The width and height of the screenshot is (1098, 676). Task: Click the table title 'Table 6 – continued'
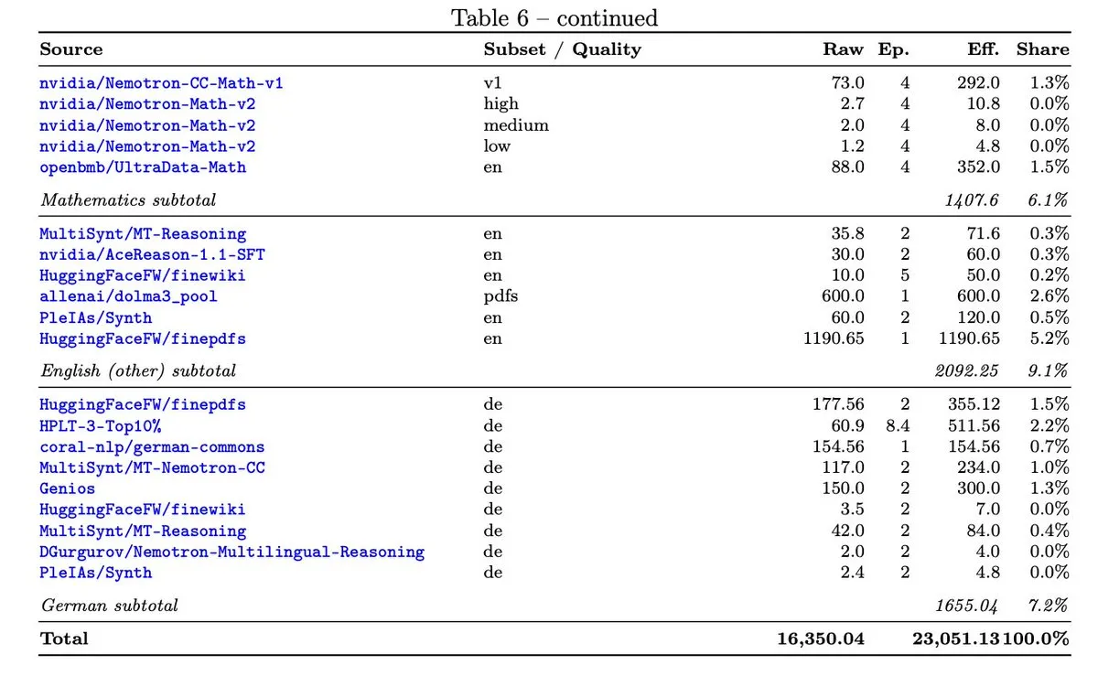click(554, 18)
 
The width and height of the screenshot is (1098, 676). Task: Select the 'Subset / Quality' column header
click(562, 49)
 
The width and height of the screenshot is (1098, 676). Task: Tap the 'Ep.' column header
click(893, 49)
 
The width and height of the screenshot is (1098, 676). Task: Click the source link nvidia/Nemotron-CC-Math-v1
click(161, 83)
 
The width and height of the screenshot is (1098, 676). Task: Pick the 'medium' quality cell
click(516, 125)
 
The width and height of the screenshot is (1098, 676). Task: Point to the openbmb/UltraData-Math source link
click(143, 167)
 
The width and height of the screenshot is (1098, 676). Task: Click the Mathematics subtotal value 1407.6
click(972, 200)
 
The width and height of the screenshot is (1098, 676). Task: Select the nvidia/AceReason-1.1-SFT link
click(152, 254)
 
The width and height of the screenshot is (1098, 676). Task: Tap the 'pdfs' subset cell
click(501, 296)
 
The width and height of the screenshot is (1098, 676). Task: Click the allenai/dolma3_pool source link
click(128, 296)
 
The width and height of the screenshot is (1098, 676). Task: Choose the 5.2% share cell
click(1050, 338)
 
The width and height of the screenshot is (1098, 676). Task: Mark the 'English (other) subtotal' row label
click(138, 370)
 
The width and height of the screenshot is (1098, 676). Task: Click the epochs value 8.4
click(898, 425)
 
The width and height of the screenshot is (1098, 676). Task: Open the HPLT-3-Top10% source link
click(100, 425)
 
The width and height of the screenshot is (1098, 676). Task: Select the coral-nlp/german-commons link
click(152, 447)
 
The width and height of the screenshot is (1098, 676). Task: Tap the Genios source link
click(67, 488)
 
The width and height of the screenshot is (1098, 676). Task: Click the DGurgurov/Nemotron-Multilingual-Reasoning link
click(231, 552)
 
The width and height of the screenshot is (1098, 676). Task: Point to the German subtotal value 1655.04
click(966, 606)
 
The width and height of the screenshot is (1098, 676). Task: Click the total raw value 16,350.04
click(821, 638)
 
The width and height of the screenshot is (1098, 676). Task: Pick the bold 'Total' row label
click(64, 638)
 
